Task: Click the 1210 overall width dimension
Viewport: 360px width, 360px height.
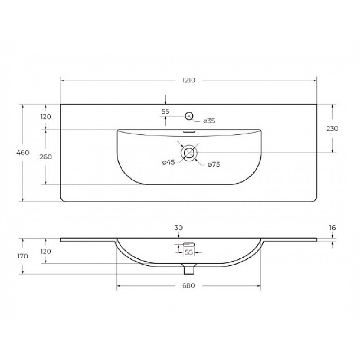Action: [x=189, y=80]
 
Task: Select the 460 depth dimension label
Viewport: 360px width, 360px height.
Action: [x=23, y=153]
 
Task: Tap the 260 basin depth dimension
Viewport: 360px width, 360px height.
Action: [x=46, y=157]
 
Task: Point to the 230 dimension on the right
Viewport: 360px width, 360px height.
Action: [x=332, y=129]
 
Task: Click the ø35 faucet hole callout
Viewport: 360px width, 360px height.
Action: [x=209, y=121]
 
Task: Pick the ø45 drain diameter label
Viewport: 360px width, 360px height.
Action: [x=168, y=163]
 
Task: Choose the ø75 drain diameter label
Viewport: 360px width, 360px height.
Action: [x=214, y=165]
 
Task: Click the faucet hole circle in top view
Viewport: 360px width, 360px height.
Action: [x=189, y=116]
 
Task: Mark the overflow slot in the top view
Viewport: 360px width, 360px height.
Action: [x=189, y=132]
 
